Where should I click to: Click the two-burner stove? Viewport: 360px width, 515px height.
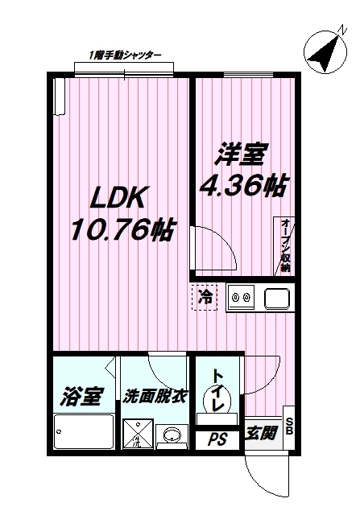pyautogui.click(x=241, y=299)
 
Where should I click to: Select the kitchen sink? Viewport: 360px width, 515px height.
pyautogui.click(x=277, y=299)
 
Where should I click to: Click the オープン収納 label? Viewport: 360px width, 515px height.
pyautogui.click(x=285, y=245)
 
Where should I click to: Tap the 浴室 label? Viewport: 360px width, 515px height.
pyautogui.click(x=82, y=396)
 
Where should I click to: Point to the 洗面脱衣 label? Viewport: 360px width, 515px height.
pyautogui.click(x=155, y=396)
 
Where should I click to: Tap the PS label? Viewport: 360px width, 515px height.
pyautogui.click(x=217, y=440)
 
